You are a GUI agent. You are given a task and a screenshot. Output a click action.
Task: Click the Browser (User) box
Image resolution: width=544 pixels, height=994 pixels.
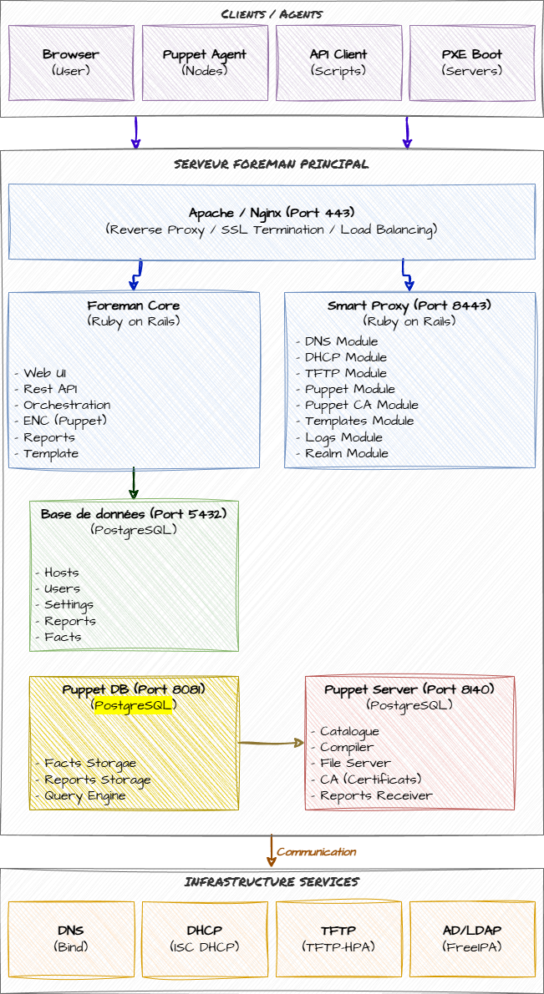click(71, 63)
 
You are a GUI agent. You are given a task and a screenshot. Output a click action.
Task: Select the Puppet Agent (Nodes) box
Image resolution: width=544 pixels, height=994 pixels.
click(205, 63)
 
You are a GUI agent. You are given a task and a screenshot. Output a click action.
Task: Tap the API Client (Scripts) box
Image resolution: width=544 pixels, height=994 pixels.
click(338, 63)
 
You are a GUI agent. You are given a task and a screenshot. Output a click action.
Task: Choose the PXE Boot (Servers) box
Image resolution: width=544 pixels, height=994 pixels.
click(472, 63)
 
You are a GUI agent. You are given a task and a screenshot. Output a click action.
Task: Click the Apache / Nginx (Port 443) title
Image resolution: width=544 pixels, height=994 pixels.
click(272, 212)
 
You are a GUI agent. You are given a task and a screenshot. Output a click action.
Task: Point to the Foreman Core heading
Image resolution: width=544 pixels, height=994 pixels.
click(134, 306)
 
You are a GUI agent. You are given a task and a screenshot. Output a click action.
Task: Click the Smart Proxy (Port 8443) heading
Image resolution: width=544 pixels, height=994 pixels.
click(409, 306)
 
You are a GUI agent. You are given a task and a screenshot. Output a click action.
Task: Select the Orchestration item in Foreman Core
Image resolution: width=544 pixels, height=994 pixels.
click(67, 405)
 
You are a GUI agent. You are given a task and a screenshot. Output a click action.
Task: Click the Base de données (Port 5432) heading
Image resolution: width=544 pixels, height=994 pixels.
click(134, 514)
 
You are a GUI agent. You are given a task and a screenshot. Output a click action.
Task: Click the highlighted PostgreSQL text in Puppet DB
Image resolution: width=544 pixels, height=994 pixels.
click(134, 705)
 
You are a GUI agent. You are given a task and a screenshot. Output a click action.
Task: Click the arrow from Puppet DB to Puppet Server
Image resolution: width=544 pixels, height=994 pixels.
click(272, 741)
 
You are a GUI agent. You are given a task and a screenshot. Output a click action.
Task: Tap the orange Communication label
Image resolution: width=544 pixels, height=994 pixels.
click(318, 852)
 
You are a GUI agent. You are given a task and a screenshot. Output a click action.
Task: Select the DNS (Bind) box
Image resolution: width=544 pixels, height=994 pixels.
click(71, 939)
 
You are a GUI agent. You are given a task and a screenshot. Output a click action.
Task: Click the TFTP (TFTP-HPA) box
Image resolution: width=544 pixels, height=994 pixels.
click(338, 939)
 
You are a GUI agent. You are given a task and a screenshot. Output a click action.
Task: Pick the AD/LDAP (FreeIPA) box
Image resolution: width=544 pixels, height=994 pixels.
click(472, 939)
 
